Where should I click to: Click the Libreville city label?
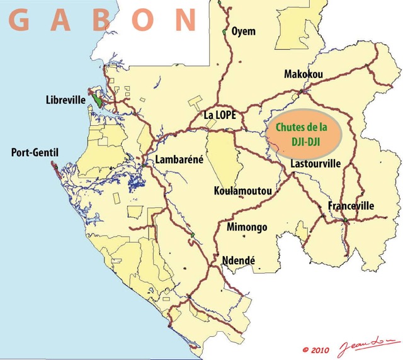pyautogui.click(x=65, y=100)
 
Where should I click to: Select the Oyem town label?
pyautogui.click(x=244, y=31)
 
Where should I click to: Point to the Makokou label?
pyautogui.click(x=304, y=74)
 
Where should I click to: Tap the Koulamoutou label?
pyautogui.click(x=243, y=191)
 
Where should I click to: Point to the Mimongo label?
pyautogui.click(x=247, y=227)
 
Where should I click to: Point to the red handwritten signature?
pyautogui.click(x=363, y=346)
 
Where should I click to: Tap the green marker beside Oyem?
pyautogui.click(x=224, y=31)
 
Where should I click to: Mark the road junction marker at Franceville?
pyautogui.click(x=345, y=220)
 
